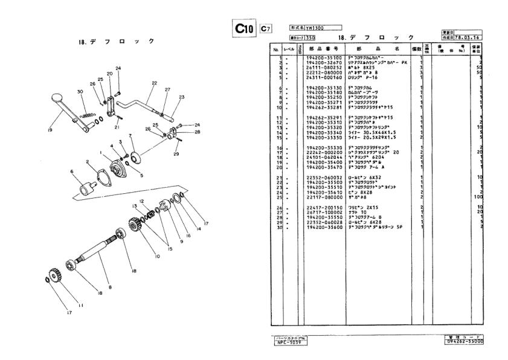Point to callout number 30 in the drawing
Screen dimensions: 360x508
(80, 92)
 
